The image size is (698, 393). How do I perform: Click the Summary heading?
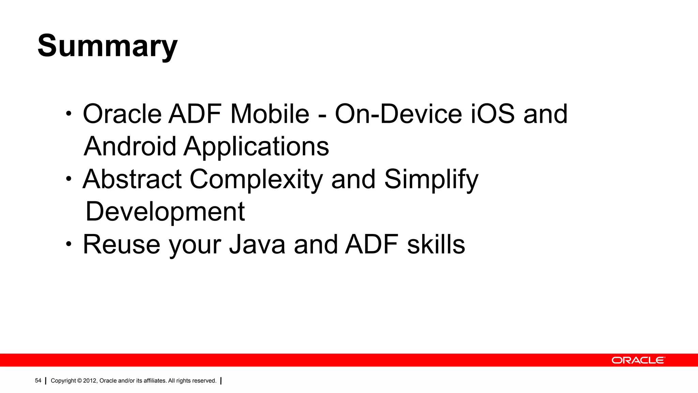[107, 46]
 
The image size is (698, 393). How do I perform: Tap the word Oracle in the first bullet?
[122, 114]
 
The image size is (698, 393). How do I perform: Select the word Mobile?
[270, 114]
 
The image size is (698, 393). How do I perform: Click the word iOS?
[492, 114]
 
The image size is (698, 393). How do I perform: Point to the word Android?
[130, 147]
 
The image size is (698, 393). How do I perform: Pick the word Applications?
[256, 147]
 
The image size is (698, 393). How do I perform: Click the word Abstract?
[132, 179]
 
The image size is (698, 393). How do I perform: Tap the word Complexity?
[256, 179]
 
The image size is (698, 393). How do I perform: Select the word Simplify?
[431, 179]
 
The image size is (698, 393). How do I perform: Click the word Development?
[165, 212]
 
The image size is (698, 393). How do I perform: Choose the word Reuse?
[121, 245]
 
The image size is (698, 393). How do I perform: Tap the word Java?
[257, 245]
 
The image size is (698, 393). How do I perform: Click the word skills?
[436, 245]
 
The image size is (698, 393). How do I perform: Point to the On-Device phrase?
[398, 114]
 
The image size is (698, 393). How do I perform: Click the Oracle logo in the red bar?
[638, 360]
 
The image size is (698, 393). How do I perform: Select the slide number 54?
[38, 380]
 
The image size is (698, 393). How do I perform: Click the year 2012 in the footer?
[90, 381]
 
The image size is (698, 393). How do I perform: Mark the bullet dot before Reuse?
[69, 244]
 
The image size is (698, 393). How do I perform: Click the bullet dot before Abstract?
[69, 179]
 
